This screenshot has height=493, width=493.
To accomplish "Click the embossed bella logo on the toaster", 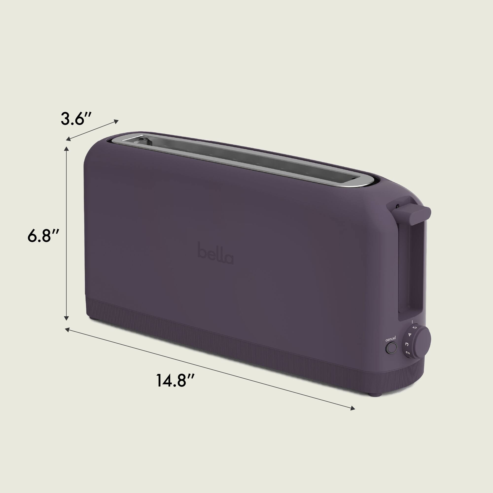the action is tap(216, 253).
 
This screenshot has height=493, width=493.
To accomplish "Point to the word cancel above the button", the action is tap(390, 339).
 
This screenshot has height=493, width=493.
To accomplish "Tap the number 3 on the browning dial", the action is tap(407, 344).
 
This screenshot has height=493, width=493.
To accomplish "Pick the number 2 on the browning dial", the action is tap(407, 353).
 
